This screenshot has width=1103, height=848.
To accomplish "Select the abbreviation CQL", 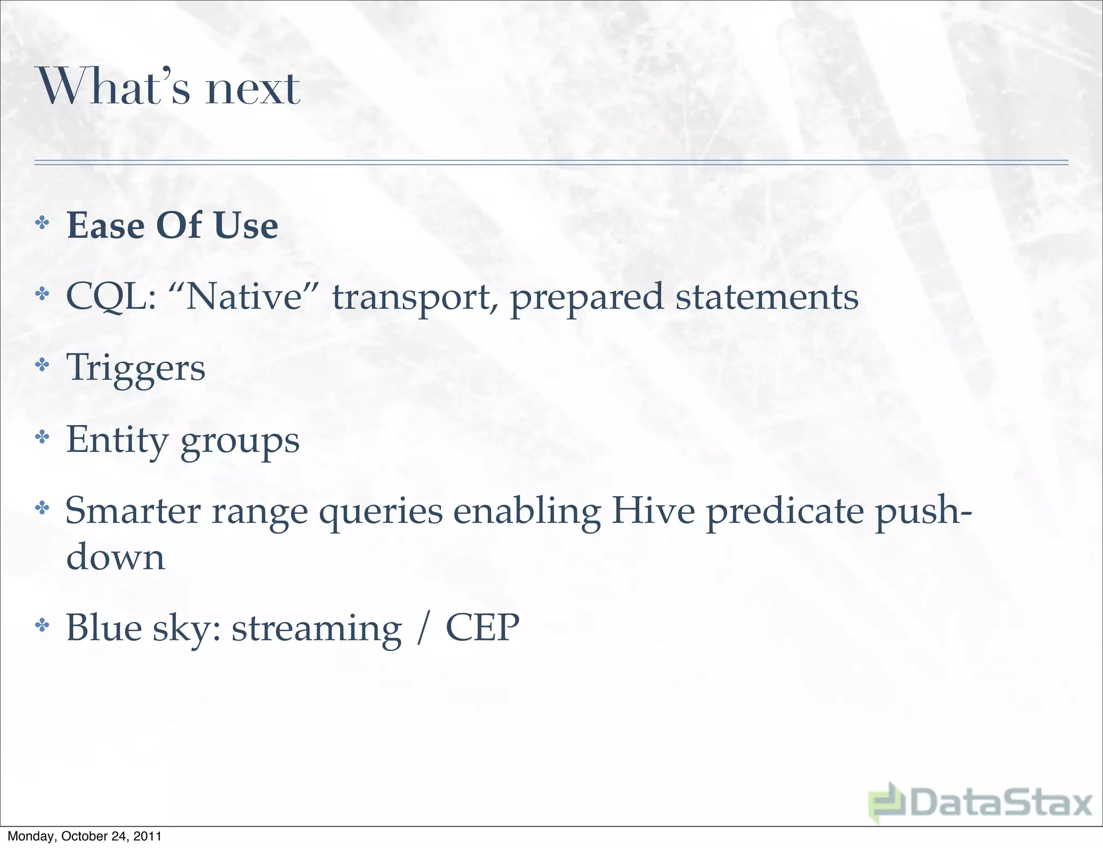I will click(x=110, y=298).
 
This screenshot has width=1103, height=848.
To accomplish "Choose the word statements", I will click(x=767, y=298).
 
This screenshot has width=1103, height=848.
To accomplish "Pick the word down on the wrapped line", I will click(x=115, y=557).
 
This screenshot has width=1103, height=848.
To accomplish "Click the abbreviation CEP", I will click(x=482, y=628).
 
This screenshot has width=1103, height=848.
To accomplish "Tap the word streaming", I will click(x=317, y=630).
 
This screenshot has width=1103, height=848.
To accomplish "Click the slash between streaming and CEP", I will click(x=424, y=628).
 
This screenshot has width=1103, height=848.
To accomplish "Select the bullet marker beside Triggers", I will click(x=42, y=366).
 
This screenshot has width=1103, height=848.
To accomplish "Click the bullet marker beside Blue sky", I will click(x=42, y=625).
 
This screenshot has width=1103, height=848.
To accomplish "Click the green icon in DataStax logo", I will click(x=887, y=802).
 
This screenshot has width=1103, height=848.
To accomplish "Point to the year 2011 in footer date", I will click(x=147, y=836).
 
